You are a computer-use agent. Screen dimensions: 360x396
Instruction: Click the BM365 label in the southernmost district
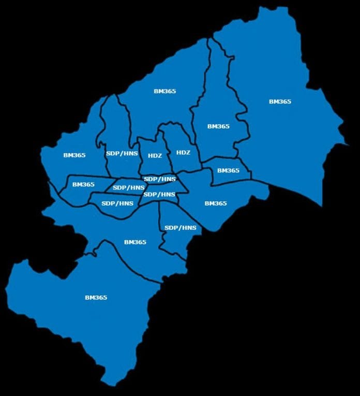[96, 298]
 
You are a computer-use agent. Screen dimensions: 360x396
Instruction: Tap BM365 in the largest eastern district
[280, 101]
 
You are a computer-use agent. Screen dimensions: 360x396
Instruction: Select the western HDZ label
[155, 155]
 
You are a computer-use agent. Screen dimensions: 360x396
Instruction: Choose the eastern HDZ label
[183, 152]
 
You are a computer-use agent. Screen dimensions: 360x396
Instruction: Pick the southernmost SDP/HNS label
[180, 228]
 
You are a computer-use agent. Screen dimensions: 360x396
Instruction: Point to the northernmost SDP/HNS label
[122, 154]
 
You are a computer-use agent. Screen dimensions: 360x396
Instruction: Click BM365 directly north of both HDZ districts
[165, 91]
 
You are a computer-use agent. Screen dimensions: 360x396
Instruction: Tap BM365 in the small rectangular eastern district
[228, 170]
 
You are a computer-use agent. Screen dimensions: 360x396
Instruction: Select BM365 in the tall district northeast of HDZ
[218, 126]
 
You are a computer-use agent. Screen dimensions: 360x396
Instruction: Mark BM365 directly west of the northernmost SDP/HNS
[74, 155]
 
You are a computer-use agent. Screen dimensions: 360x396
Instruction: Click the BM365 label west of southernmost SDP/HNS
[135, 242]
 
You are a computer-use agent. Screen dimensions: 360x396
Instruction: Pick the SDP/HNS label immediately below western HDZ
[160, 179]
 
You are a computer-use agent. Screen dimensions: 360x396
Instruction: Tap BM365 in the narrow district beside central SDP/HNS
[83, 184]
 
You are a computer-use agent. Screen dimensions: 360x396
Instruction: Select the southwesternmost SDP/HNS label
[117, 203]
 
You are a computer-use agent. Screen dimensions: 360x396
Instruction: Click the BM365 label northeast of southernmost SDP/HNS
[216, 203]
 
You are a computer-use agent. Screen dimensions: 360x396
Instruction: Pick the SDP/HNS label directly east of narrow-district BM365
[129, 187]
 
